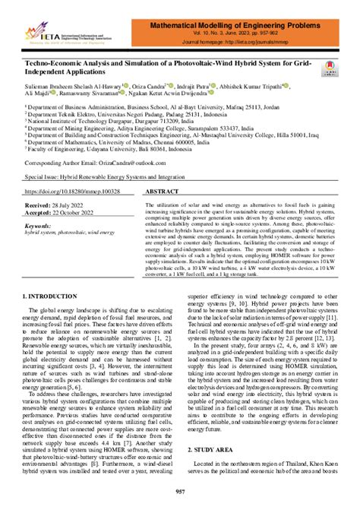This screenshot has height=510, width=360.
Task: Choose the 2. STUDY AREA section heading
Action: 219,451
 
